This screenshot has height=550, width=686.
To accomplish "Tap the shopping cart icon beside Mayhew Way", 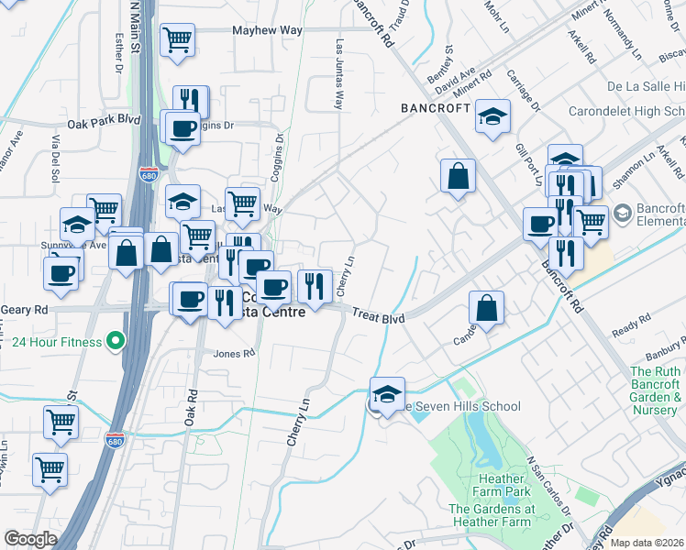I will click(177, 39).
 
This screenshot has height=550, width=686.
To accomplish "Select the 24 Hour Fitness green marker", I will click(115, 343).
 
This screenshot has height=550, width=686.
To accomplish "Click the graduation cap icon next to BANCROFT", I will click(492, 116).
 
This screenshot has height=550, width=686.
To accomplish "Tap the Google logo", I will click(30, 538).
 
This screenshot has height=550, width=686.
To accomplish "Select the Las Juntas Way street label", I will click(339, 73).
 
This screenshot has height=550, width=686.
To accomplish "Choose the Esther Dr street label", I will click(118, 51).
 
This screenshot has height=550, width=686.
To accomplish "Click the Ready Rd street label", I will click(630, 328).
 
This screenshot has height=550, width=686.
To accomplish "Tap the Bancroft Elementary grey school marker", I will click(622, 214).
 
